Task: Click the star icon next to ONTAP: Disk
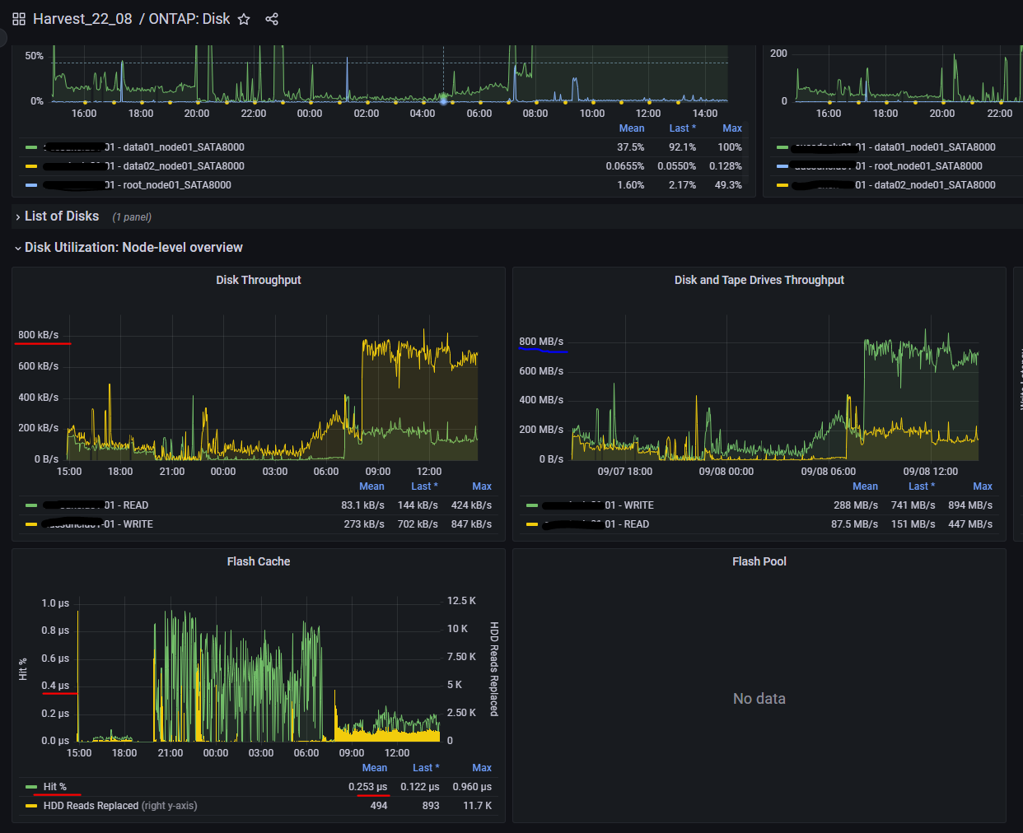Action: coord(244,19)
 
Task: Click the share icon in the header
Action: coord(272,19)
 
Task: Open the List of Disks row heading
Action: coord(62,216)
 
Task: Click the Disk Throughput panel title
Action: coord(259,280)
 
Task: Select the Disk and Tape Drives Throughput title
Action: coord(759,280)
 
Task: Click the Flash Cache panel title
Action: coord(259,561)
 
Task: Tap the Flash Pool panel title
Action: coord(759,561)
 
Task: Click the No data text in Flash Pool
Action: coord(759,699)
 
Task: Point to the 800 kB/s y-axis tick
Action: coord(39,335)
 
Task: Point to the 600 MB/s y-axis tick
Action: coord(541,371)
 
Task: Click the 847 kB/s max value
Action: coord(471,524)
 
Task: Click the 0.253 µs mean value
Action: coord(367,787)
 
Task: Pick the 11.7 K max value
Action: coord(477,806)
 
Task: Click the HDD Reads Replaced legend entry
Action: coord(91,806)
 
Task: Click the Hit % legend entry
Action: coord(55,787)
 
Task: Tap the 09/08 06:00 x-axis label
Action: coord(828,472)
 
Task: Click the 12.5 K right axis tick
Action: coord(461,601)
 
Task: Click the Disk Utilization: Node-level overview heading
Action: coord(133,248)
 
